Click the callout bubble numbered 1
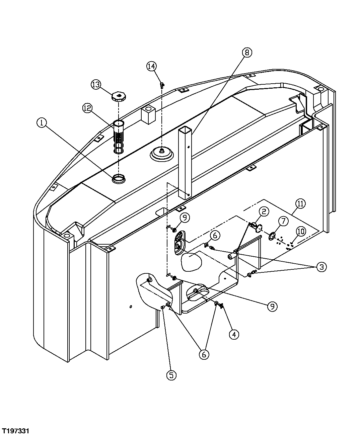pos(42,123)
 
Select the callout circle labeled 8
pos(247,52)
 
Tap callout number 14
pos(151,66)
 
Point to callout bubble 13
pos(96,84)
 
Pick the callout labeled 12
pos(88,108)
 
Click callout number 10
pos(300,231)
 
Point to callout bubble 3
pos(321,267)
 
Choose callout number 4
pos(234,334)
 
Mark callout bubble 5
pos(171,375)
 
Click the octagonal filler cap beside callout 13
pos(118,97)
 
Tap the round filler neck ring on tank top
pos(119,179)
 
